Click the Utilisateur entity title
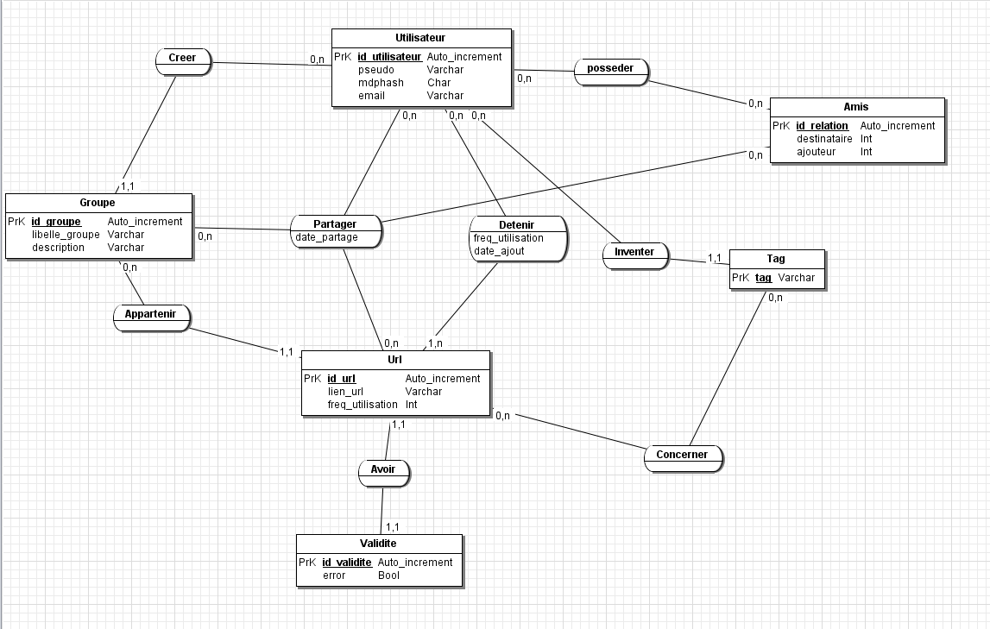[420, 38]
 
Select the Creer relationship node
[182, 58]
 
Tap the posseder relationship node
[610, 68]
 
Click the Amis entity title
[856, 107]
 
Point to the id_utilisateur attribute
[388, 57]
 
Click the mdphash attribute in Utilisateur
[381, 83]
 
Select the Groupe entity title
[98, 203]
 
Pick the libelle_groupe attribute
[66, 235]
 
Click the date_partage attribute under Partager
[326, 237]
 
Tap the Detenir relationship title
[516, 225]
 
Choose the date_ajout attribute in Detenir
[499, 251]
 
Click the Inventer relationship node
[634, 252]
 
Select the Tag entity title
[776, 259]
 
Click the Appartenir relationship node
[150, 314]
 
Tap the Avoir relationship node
[383, 469]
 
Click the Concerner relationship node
[682, 455]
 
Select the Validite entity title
[378, 544]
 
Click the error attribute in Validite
[334, 576]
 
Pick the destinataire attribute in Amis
[824, 139]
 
